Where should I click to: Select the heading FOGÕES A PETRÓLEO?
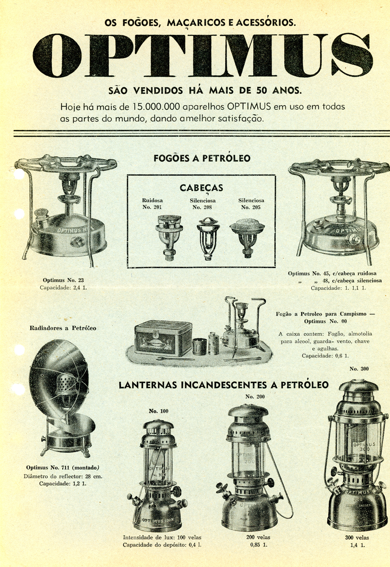pyautogui.click(x=202, y=158)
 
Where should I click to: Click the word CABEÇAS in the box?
pyautogui.click(x=201, y=188)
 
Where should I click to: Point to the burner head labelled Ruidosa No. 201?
pyautogui.click(x=168, y=237)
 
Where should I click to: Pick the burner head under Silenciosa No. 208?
pyautogui.click(x=208, y=239)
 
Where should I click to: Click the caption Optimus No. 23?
pyautogui.click(x=63, y=280)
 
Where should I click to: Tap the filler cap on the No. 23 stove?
pyautogui.click(x=41, y=216)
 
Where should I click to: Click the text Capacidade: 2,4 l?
pyautogui.click(x=63, y=288)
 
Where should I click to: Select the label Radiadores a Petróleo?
pyautogui.click(x=63, y=328)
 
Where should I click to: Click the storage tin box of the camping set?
pyautogui.click(x=163, y=338)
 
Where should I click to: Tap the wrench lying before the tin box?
pyautogui.click(x=175, y=359)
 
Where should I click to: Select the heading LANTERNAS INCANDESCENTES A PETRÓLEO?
pyautogui.click(x=224, y=385)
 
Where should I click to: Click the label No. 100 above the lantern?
pyautogui.click(x=158, y=411)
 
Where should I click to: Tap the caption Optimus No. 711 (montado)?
pyautogui.click(x=63, y=467)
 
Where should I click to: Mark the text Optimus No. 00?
pyautogui.click(x=325, y=321)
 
